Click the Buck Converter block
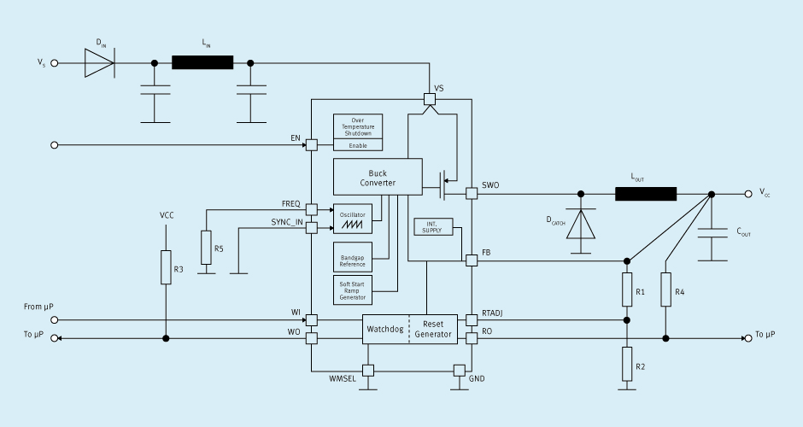point(378,177)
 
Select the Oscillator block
point(353,219)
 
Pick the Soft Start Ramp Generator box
point(353,290)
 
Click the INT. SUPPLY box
point(433,227)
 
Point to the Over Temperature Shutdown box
point(358,126)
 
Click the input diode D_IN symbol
point(100,63)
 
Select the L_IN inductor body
point(202,63)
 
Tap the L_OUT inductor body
point(646,194)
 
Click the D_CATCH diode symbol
point(581,224)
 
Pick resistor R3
point(166,267)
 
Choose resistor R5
point(206,248)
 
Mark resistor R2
point(627,364)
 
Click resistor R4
point(665,290)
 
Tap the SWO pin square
point(472,194)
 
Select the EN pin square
point(311,145)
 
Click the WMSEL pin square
point(368,371)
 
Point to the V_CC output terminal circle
point(748,194)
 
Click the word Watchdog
point(385,329)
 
